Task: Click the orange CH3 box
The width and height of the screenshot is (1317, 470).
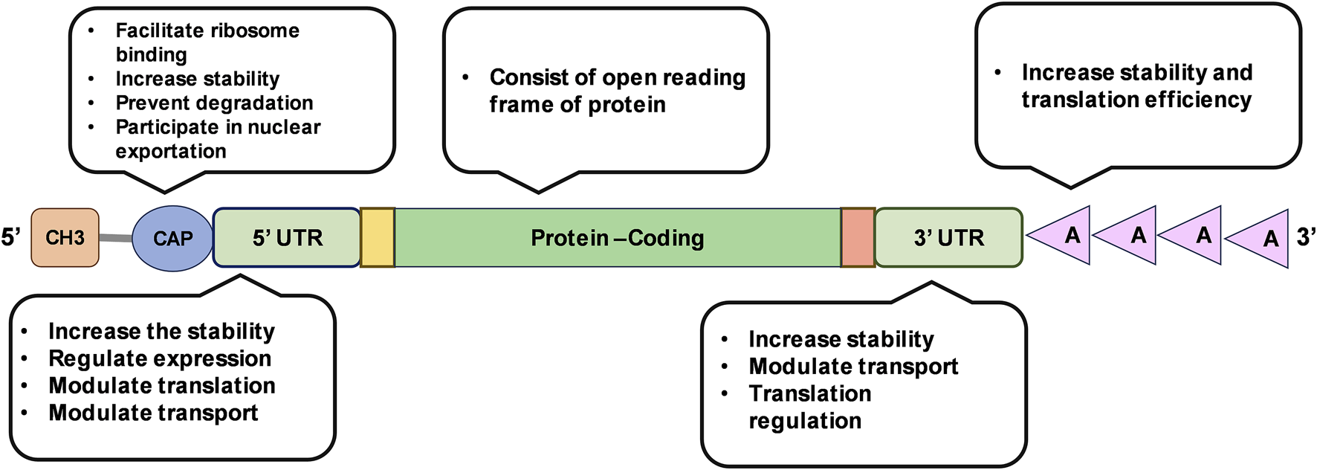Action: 65,238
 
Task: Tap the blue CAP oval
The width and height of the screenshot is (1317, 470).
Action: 172,239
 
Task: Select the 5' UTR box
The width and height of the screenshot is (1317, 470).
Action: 287,238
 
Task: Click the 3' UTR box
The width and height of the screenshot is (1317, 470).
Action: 948,238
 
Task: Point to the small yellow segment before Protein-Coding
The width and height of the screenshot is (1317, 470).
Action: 378,238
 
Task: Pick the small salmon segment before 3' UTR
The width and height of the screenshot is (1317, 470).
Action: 858,238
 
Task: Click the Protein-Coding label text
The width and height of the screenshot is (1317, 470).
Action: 617,238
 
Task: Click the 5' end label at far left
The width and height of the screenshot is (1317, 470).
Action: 11,238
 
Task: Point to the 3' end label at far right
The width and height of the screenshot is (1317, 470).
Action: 1306,237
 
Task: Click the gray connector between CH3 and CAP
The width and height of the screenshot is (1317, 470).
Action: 115,238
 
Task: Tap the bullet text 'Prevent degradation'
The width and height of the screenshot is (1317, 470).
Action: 214,103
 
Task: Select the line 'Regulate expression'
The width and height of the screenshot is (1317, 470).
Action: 160,358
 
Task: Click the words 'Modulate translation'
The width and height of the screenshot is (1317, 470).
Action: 162,385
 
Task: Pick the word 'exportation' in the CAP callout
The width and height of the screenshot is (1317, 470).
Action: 171,151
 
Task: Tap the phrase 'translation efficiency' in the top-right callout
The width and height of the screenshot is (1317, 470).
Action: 1136,99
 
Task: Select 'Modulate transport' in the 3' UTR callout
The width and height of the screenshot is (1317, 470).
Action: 853,366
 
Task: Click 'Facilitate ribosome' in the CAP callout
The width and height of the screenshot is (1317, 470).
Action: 207,30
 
